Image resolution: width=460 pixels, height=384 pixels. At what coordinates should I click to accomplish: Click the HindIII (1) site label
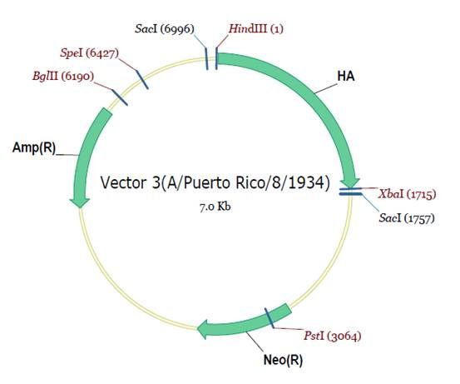[256, 29]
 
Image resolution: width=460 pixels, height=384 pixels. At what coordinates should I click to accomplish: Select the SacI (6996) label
[165, 29]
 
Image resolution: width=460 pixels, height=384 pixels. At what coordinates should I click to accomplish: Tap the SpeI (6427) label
[90, 52]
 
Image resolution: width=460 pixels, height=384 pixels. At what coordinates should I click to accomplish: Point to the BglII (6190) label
[63, 77]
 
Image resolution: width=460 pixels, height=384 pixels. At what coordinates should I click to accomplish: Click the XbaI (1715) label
[407, 194]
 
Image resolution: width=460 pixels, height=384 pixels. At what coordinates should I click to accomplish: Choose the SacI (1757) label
[407, 218]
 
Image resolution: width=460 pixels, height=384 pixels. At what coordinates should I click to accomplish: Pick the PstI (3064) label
[332, 336]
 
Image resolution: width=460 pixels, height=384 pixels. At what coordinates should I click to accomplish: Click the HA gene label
[346, 77]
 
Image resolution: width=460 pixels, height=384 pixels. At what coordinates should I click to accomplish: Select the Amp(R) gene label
[34, 147]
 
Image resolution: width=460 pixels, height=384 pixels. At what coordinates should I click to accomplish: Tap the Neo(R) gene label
[283, 360]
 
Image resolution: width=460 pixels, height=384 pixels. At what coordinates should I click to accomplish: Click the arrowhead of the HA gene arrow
[349, 182]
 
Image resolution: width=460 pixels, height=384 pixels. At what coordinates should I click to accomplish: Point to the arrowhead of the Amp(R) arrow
[80, 203]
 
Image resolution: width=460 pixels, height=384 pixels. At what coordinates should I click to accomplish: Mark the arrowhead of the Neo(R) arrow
[203, 329]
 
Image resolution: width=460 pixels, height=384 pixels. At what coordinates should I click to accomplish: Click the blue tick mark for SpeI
[142, 80]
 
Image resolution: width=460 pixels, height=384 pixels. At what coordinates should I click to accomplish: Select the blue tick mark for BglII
[120, 97]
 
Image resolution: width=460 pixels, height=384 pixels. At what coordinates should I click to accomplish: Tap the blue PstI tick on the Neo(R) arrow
[269, 318]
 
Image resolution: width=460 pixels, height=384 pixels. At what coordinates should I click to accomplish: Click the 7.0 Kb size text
[215, 207]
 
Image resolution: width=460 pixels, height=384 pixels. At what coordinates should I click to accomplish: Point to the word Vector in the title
[123, 182]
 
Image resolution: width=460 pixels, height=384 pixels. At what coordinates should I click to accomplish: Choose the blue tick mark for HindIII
[216, 59]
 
